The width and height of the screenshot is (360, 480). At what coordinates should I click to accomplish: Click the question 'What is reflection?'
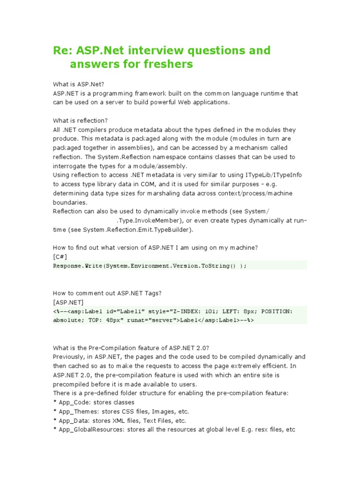[81, 120]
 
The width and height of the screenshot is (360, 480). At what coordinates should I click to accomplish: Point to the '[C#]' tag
[60, 256]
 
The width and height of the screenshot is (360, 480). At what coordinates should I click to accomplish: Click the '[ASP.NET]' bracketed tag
[69, 302]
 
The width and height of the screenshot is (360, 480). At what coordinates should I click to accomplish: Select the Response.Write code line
[150, 266]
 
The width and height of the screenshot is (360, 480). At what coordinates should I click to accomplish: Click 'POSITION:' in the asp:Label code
[277, 311]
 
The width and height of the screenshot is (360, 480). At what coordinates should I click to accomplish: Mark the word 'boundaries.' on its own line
[70, 202]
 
